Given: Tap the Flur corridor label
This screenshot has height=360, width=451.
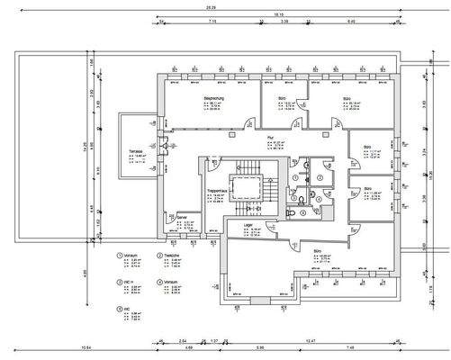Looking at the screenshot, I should (x=271, y=139).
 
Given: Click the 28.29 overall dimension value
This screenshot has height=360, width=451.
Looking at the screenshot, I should (x=222, y=6).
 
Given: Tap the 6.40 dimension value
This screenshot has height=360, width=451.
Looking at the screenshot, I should (x=350, y=22).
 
